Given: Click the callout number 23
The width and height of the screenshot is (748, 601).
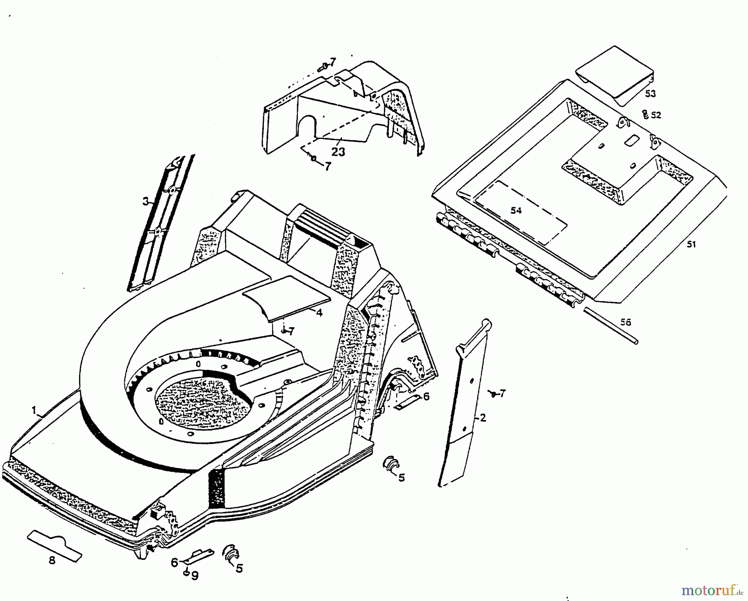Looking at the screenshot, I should point(338,152).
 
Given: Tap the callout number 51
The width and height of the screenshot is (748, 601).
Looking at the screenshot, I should point(691,245).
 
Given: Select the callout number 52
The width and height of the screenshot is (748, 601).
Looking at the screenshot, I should point(656,115).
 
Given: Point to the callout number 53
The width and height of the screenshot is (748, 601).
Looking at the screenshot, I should point(650,94).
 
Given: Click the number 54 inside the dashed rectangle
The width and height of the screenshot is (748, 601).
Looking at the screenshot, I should point(516,211).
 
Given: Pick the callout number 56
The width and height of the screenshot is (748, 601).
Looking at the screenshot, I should point(625,322).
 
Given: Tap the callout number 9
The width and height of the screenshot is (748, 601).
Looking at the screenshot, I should point(195,576).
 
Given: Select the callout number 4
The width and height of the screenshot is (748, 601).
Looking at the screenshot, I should point(319,313).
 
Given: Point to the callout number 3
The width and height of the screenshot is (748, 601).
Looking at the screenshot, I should point(145,202).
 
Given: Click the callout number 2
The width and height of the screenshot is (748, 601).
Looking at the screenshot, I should point(482,418).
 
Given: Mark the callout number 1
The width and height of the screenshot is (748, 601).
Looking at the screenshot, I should point(34,410).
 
